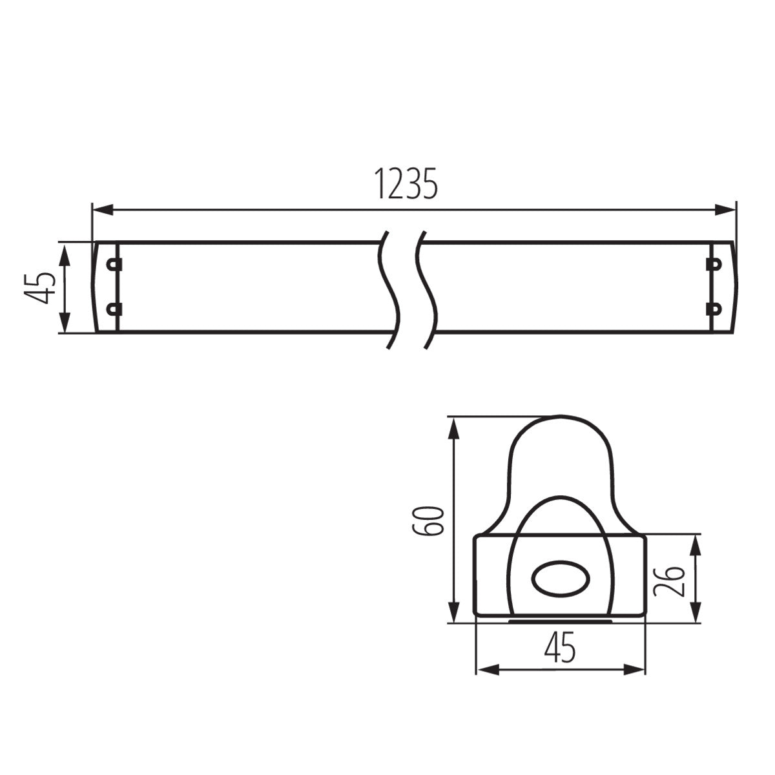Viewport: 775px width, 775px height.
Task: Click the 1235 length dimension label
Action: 406,185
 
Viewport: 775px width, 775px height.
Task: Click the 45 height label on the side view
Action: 37,287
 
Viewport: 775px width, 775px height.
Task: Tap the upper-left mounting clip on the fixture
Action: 114,264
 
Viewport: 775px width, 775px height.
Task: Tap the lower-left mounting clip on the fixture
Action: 114,309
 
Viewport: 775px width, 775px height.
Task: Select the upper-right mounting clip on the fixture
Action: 714,264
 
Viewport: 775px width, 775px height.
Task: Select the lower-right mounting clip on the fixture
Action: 714,309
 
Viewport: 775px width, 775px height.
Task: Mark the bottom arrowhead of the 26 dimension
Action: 696,614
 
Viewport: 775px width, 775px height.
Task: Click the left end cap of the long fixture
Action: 105,287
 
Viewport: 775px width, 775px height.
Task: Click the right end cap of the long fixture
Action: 723,287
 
